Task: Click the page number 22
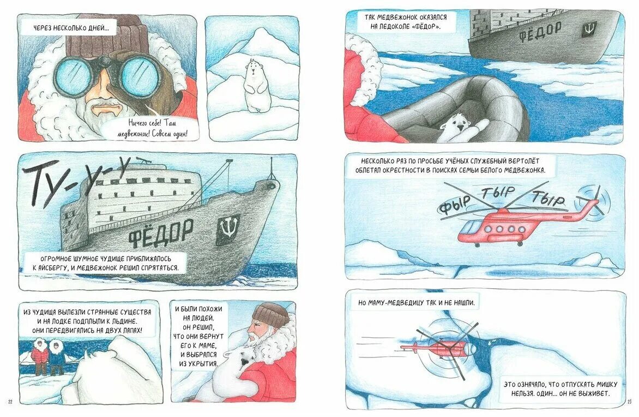pos(10,402)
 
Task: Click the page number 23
pos(629,402)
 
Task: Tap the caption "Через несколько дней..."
pos(69,28)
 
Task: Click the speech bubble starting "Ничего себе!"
pos(158,128)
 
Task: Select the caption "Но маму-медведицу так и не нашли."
pos(417,303)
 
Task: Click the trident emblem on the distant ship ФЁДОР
pos(588,28)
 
